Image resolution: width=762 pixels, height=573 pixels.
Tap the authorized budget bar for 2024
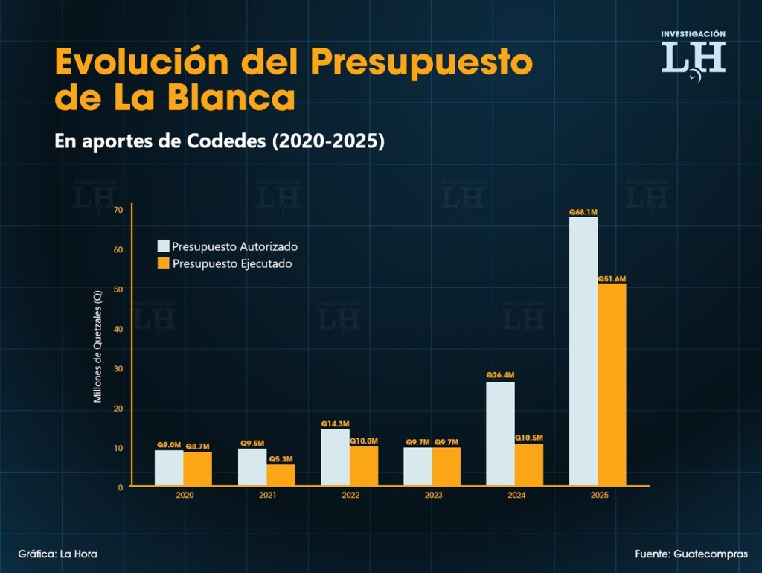[x=500, y=434]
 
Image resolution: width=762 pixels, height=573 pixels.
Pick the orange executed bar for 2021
[x=281, y=475]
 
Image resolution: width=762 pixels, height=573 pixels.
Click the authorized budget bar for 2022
[x=335, y=457]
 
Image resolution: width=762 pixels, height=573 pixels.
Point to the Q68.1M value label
[x=583, y=212]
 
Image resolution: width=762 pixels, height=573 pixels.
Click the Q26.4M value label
[x=500, y=375]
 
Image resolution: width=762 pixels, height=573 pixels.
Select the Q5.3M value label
[x=281, y=458]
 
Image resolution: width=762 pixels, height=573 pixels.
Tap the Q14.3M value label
[x=335, y=423]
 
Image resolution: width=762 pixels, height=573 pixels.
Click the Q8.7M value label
[x=198, y=445]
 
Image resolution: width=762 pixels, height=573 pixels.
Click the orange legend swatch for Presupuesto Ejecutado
[x=163, y=263]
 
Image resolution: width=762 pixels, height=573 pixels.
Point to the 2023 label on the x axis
[x=433, y=495]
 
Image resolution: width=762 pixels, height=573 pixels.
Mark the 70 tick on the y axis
[x=118, y=210]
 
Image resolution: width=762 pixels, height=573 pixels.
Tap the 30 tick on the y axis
[x=118, y=369]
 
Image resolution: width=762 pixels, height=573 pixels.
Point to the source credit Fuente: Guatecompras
[x=691, y=554]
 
